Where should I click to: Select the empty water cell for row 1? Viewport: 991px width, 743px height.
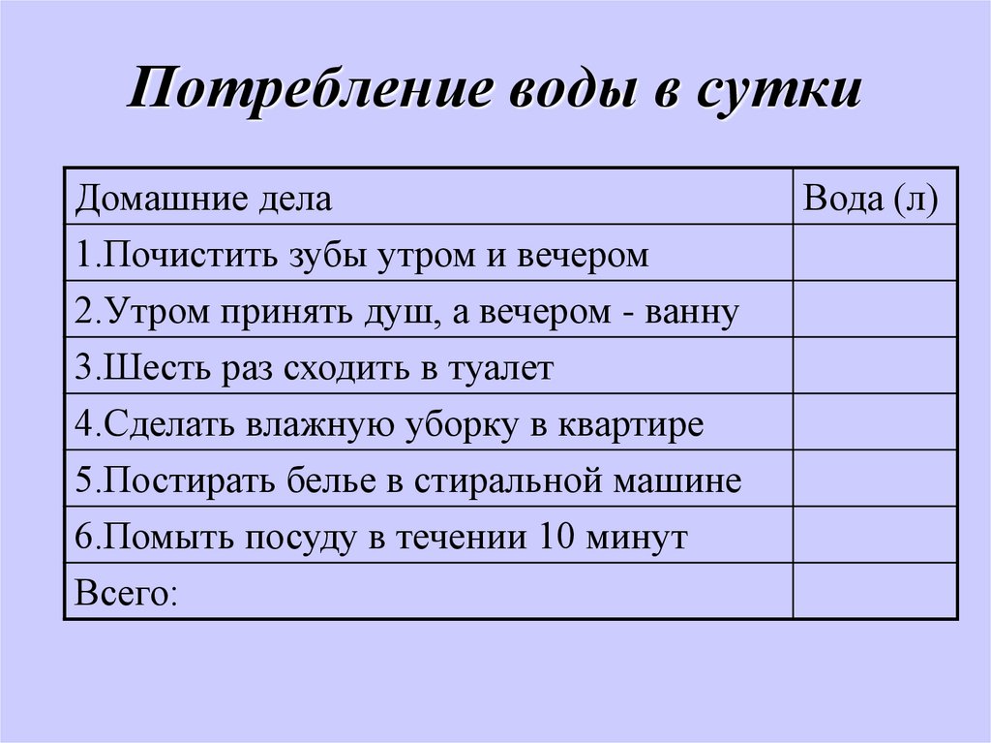coord(875,254)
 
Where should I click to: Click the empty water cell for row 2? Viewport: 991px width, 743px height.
coord(875,310)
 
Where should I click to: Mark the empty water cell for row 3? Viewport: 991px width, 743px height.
coord(875,366)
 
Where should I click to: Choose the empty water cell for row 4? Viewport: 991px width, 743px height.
coord(875,422)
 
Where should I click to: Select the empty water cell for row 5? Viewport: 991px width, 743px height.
coord(875,479)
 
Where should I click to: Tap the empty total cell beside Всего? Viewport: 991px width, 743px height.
coord(875,591)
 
